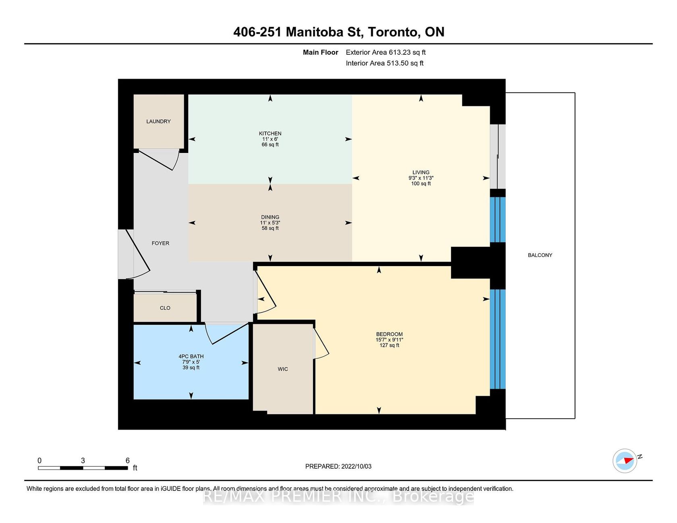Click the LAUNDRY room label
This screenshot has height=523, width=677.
(158, 121)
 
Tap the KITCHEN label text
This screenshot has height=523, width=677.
(270, 133)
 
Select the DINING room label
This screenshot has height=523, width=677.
(270, 217)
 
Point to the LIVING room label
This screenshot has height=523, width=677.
(421, 172)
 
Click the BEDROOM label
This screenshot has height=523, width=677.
(389, 334)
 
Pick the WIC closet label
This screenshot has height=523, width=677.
(283, 369)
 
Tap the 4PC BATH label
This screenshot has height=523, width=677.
(191, 356)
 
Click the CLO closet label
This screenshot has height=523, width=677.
(165, 308)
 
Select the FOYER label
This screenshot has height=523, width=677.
(160, 243)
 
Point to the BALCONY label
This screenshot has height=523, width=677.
(540, 255)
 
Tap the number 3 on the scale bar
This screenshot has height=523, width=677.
(83, 461)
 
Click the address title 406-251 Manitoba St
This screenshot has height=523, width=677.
(298, 32)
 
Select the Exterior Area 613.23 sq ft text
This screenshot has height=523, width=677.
(386, 52)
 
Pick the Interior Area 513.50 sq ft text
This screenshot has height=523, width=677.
(384, 63)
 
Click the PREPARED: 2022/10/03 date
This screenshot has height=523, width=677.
(338, 466)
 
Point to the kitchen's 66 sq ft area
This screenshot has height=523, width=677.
(270, 145)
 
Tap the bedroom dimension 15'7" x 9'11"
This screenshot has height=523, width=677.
(389, 340)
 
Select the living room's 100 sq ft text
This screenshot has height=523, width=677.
(421, 184)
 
